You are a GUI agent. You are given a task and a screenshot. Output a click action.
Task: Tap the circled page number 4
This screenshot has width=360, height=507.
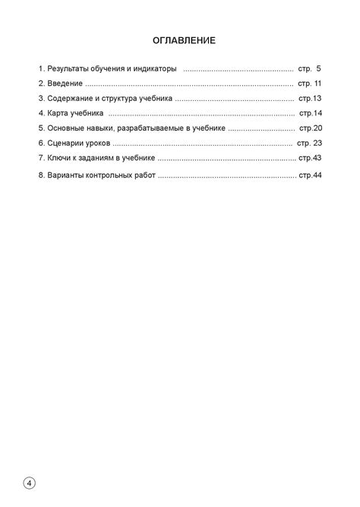[29, 483]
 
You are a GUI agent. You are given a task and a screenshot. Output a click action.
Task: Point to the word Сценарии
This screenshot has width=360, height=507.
[68, 143]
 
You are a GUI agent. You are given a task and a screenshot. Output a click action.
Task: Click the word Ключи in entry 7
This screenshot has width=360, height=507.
[60, 158]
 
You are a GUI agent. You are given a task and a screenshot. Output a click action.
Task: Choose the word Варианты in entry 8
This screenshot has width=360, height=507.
[68, 175]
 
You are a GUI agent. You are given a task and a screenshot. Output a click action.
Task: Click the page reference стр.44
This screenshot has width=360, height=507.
[310, 175]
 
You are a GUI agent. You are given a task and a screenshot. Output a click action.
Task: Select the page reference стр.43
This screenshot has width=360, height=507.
[310, 158]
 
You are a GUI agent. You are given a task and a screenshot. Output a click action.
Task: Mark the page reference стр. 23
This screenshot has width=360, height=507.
[310, 143]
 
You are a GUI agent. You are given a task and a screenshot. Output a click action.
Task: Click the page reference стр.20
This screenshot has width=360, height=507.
[311, 128]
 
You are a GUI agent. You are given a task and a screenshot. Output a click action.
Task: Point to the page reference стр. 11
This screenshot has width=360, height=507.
[310, 83]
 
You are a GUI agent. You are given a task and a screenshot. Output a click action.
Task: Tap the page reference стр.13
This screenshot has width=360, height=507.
[311, 99]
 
